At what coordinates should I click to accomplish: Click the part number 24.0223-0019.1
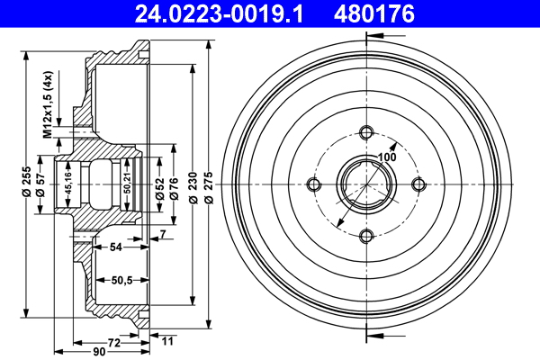(x=207, y=13)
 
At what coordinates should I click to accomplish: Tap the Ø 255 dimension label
(x=26, y=184)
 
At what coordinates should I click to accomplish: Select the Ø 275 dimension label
(x=209, y=184)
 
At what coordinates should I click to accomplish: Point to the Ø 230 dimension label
(x=193, y=184)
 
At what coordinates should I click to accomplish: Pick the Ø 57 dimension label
(x=41, y=199)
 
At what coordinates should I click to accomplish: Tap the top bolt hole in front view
(x=365, y=133)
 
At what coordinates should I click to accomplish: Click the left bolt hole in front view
(x=314, y=184)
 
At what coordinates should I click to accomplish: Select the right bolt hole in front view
(x=418, y=184)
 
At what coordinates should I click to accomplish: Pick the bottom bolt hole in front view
(x=365, y=236)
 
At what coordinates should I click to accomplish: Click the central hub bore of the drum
(x=365, y=184)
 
